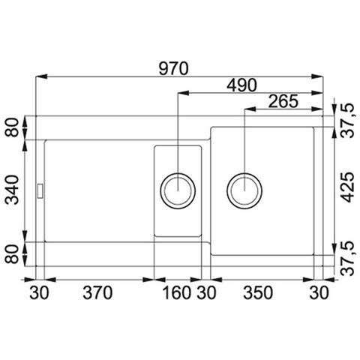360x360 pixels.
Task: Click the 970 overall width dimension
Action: click(x=173, y=69)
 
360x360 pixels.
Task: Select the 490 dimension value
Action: click(x=241, y=85)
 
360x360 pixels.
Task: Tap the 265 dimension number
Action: click(x=283, y=101)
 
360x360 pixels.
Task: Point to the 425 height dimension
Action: click(x=348, y=187)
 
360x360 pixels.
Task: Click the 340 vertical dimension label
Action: click(x=12, y=190)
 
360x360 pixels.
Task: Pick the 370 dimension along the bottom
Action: click(x=97, y=292)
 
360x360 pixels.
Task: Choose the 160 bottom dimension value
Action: click(x=177, y=292)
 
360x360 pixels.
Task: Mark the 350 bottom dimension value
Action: click(x=258, y=292)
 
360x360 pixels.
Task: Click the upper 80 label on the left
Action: click(x=12, y=127)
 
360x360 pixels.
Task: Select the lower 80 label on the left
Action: click(x=12, y=254)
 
